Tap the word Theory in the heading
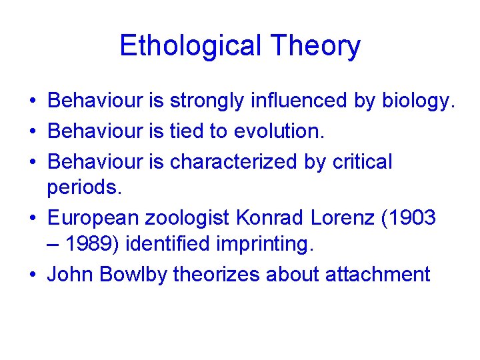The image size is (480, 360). coord(315,46)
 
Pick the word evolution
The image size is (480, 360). coord(279,132)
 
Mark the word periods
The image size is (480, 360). coord(85,187)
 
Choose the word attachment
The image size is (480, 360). coord(378,274)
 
